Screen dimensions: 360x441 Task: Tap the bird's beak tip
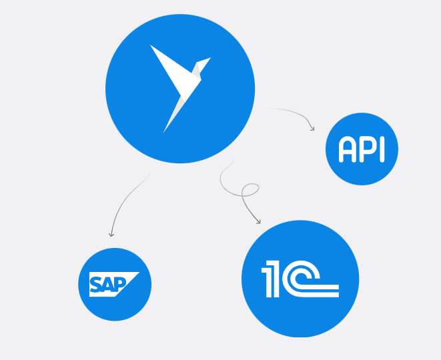click(210, 59)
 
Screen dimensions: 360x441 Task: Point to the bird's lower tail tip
click(164, 131)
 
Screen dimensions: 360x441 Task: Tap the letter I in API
click(381, 150)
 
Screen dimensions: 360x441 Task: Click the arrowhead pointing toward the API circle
click(312, 128)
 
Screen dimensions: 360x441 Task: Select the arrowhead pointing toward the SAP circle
click(111, 234)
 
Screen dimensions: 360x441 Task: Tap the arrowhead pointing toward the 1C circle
click(258, 221)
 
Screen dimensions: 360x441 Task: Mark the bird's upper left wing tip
click(151, 46)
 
